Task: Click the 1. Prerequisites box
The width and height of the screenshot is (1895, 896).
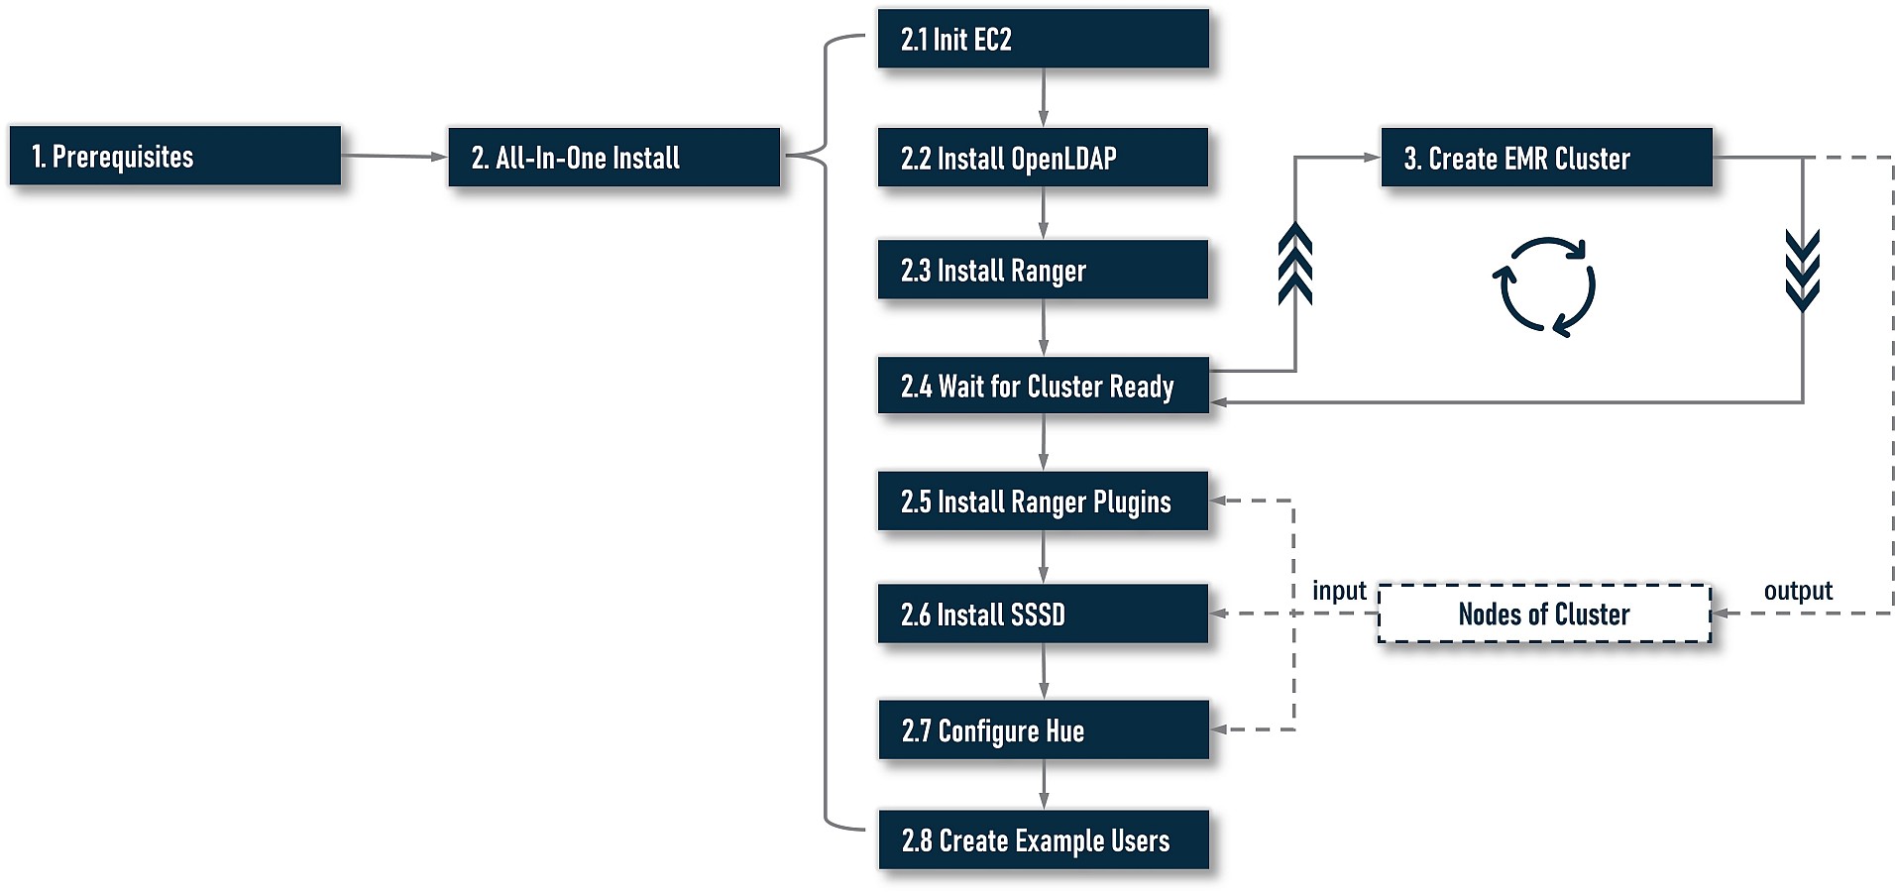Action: pyautogui.click(x=174, y=156)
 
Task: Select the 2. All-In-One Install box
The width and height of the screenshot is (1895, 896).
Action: pyautogui.click(x=613, y=157)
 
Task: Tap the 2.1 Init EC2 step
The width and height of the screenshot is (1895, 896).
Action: pyautogui.click(x=1043, y=39)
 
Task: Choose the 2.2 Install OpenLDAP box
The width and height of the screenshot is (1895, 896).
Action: pyautogui.click(x=1043, y=157)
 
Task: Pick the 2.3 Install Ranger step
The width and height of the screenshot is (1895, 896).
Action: pyautogui.click(x=1043, y=270)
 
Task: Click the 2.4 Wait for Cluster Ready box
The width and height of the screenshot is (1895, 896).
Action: pyautogui.click(x=1043, y=386)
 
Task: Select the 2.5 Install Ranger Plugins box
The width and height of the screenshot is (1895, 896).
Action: pyautogui.click(x=1043, y=502)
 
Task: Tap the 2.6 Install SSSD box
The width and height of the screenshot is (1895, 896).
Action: pyautogui.click(x=1043, y=615)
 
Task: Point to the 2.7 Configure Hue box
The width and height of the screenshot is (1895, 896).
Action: pyautogui.click(x=1043, y=730)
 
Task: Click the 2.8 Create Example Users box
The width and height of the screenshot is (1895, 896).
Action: pyautogui.click(x=1043, y=840)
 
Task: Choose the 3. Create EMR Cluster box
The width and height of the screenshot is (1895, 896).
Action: pyautogui.click(x=1546, y=158)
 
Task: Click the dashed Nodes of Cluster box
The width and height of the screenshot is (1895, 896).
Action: pyautogui.click(x=1544, y=615)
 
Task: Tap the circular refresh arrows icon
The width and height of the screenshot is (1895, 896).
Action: pyautogui.click(x=1543, y=286)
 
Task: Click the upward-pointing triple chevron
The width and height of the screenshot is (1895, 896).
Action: pyautogui.click(x=1295, y=264)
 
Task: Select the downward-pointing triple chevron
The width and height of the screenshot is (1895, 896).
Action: pyautogui.click(x=1802, y=270)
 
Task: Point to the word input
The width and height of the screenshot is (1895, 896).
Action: pyautogui.click(x=1339, y=591)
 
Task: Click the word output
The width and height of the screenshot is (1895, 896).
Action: pyautogui.click(x=1798, y=591)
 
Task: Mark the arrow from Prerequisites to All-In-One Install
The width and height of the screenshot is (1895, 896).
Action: pyautogui.click(x=393, y=156)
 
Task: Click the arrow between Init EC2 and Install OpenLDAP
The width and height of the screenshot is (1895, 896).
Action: pyautogui.click(x=1043, y=97)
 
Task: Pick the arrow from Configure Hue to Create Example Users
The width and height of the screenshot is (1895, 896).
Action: pyautogui.click(x=1043, y=784)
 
